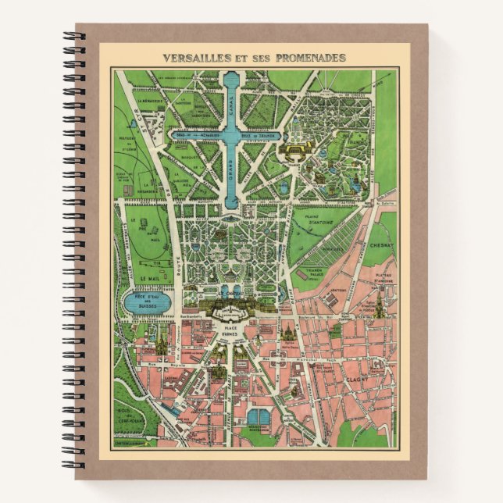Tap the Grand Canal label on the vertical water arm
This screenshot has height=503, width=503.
pyautogui.click(x=231, y=165)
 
